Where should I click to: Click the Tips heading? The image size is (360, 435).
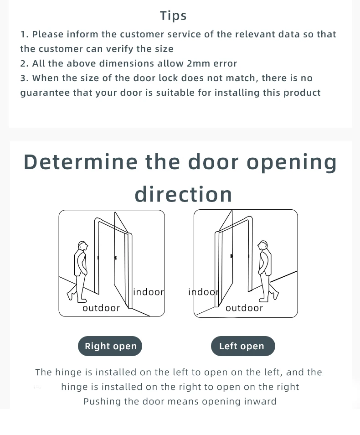[x=173, y=16]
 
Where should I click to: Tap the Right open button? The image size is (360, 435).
[x=110, y=346]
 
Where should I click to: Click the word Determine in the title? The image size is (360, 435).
[x=80, y=162]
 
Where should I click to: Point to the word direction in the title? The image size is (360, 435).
[x=183, y=194]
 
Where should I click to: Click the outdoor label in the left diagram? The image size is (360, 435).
[x=101, y=308]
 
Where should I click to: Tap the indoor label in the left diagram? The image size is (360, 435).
[x=149, y=292]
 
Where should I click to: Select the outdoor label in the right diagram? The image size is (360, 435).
[x=244, y=308]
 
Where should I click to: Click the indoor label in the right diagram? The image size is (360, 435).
[x=203, y=292]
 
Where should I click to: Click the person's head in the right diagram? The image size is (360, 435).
[x=262, y=245]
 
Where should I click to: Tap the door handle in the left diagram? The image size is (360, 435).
[x=115, y=258]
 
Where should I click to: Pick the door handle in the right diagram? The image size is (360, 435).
[x=232, y=256]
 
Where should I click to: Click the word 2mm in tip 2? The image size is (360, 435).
[x=198, y=63]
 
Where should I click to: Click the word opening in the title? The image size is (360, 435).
[x=292, y=163]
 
